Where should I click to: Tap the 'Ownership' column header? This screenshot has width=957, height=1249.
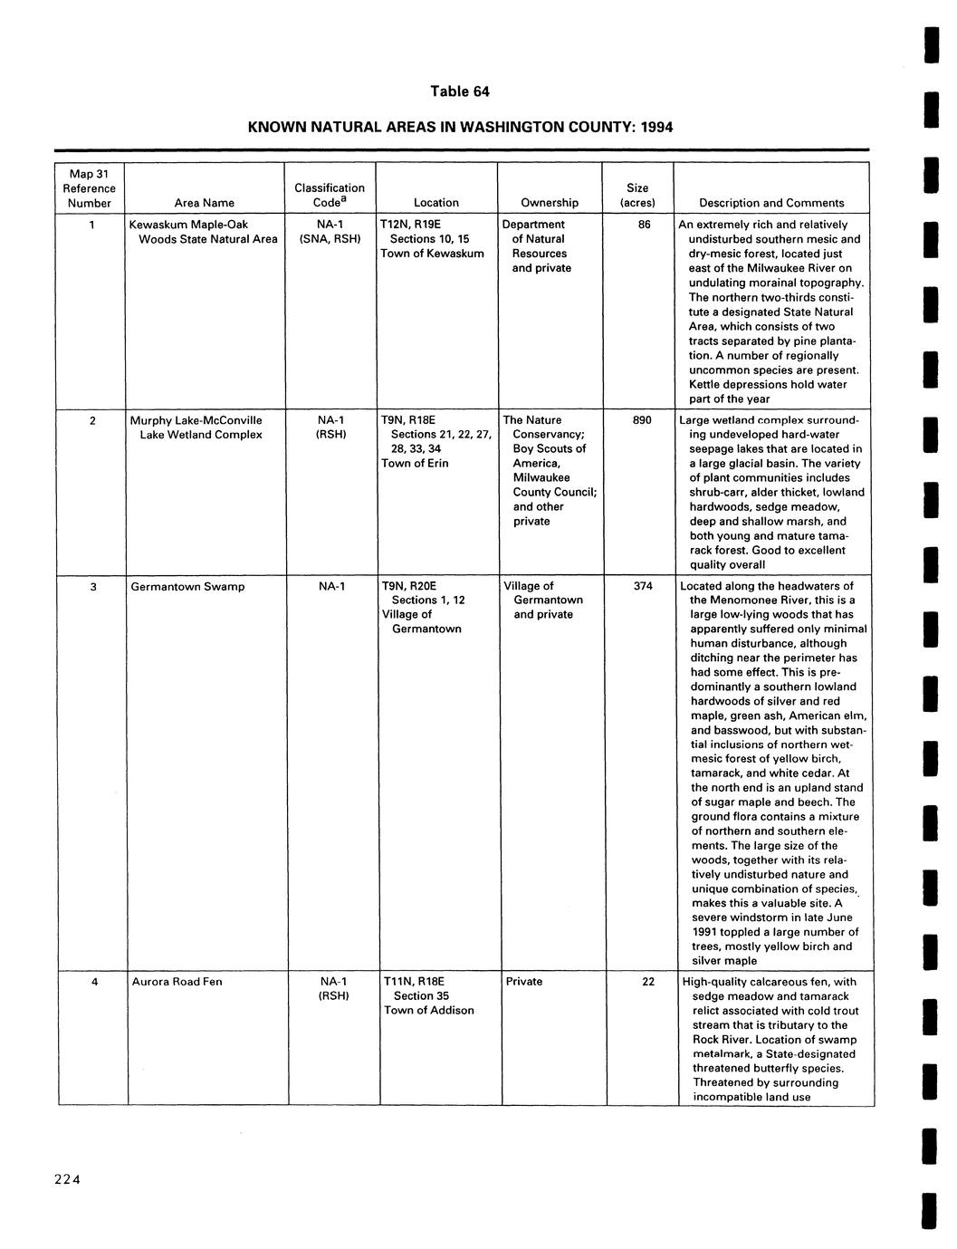pyautogui.click(x=550, y=203)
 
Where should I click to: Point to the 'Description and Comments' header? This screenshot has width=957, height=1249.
pyautogui.click(x=771, y=203)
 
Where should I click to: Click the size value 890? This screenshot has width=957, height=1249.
pyautogui.click(x=641, y=420)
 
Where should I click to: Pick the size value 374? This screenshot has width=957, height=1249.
pyautogui.click(x=643, y=586)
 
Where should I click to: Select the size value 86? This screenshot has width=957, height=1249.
pyautogui.click(x=644, y=225)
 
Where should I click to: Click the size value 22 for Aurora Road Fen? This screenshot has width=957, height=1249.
pyautogui.click(x=647, y=982)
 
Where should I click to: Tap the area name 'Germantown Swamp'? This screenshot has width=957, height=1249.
pyautogui.click(x=187, y=587)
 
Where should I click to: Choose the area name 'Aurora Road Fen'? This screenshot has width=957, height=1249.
pyautogui.click(x=177, y=982)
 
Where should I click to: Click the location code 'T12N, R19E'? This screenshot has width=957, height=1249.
pyautogui.click(x=411, y=225)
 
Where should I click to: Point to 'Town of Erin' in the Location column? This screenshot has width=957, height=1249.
pyautogui.click(x=415, y=464)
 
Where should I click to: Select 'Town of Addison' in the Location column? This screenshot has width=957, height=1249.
pyautogui.click(x=428, y=1011)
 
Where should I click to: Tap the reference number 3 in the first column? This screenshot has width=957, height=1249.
pyautogui.click(x=93, y=587)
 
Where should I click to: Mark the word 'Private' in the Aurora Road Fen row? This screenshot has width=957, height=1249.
pyautogui.click(x=523, y=982)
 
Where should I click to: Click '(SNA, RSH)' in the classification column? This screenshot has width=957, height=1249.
pyautogui.click(x=330, y=239)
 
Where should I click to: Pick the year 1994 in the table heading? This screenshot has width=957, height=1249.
pyautogui.click(x=656, y=128)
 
